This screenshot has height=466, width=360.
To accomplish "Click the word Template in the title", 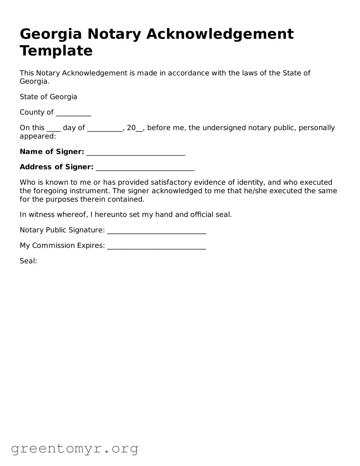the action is (x=56, y=51).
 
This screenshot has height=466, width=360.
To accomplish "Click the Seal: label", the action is (x=28, y=261).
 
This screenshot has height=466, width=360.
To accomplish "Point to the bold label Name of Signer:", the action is (x=52, y=152).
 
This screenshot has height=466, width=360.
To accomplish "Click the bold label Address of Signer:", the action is (x=56, y=167).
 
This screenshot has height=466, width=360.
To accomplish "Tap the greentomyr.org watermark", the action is (x=74, y=448).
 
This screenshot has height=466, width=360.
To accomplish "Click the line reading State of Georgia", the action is (x=48, y=97).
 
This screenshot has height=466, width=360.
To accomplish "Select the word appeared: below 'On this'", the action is (x=38, y=136).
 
